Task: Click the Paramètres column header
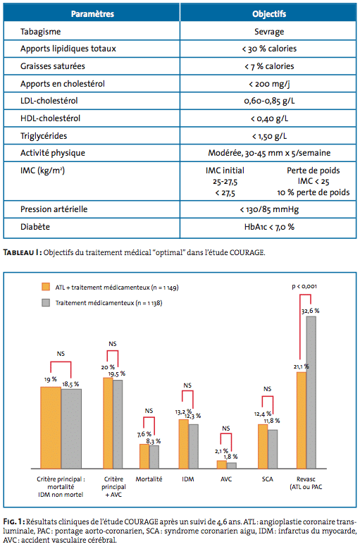point(92,14)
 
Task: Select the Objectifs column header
point(269,14)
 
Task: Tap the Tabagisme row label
point(41,32)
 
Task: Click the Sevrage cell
point(269,32)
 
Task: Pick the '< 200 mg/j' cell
point(269,84)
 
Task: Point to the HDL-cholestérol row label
point(51,118)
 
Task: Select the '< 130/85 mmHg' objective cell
point(269,209)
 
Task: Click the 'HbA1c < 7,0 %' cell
point(269,227)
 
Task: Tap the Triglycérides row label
point(44,136)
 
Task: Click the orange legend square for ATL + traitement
point(46,287)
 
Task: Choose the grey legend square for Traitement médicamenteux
point(46,302)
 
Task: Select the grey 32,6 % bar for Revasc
point(311,393)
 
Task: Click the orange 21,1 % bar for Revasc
point(302,420)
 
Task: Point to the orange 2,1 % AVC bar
point(222,464)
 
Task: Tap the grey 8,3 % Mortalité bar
point(154,457)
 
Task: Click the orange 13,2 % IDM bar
point(184,444)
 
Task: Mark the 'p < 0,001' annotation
point(304,286)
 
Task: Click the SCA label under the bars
point(268,479)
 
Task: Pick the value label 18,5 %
point(70,384)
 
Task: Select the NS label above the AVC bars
point(226,428)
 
